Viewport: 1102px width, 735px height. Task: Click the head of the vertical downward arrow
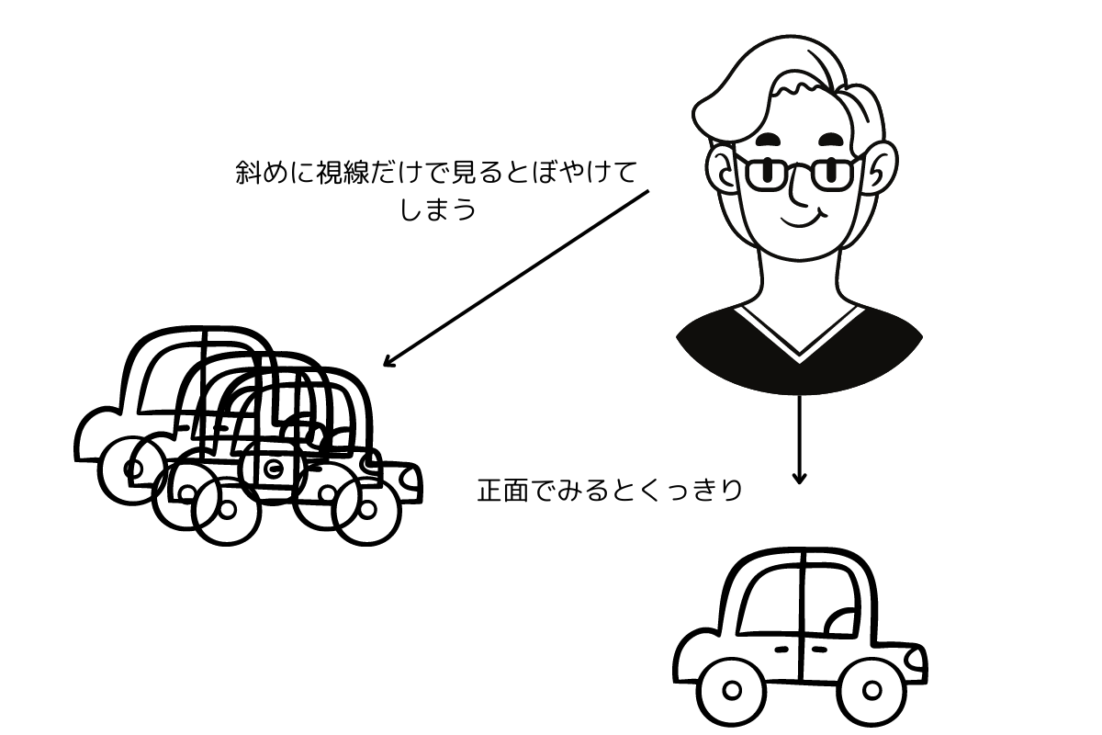[x=799, y=479]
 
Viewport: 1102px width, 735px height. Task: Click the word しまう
[x=439, y=209]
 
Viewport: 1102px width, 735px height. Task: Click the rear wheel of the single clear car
[x=732, y=690]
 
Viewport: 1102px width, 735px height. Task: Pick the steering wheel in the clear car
[x=843, y=623]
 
